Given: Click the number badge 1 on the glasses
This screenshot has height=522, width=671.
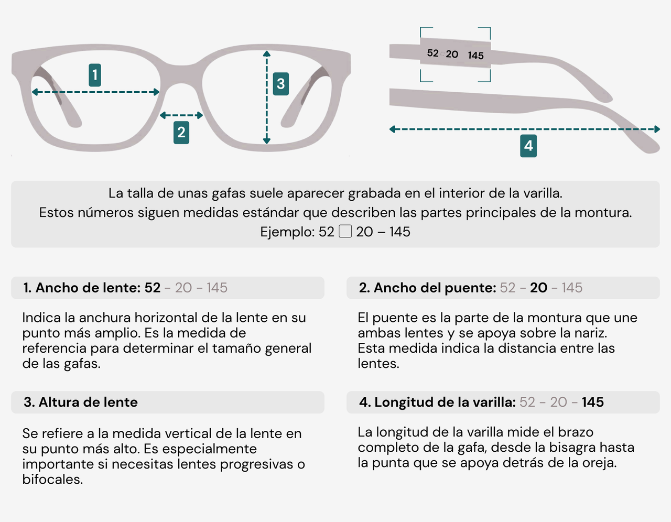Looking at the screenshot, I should coord(95,75).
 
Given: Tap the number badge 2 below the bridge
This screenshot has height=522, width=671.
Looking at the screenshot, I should coord(181,132).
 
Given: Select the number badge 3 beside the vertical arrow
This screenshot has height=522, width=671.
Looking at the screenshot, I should coord(280,84).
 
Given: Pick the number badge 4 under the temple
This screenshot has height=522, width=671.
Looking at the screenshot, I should coord(528,146).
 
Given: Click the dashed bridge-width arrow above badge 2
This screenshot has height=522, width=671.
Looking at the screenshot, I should coord(181,115).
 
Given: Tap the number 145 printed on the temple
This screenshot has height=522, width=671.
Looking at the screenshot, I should coord(476,56).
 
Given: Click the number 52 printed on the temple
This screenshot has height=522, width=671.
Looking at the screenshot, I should coord(432,53).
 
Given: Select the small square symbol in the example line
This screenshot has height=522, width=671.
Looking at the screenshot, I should coord(345,231).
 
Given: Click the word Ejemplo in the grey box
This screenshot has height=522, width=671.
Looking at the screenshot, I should coord(287,232).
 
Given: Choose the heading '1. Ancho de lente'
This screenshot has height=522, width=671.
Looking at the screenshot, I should coord(81,288).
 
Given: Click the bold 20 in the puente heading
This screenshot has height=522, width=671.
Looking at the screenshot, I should coord(538,288).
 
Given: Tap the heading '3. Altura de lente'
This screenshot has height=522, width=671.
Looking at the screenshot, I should coord(81,403).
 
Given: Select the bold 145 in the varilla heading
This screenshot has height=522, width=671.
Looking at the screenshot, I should coord(592,402).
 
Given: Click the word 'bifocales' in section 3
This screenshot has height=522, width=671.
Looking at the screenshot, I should coord(52,480).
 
